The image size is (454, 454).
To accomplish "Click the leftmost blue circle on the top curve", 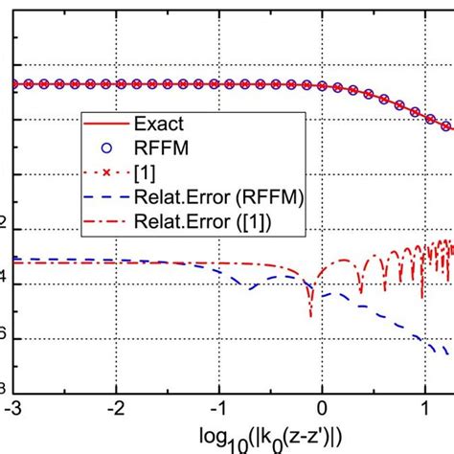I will click(14, 84).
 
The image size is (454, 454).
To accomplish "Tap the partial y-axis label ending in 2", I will click(5, 227).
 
